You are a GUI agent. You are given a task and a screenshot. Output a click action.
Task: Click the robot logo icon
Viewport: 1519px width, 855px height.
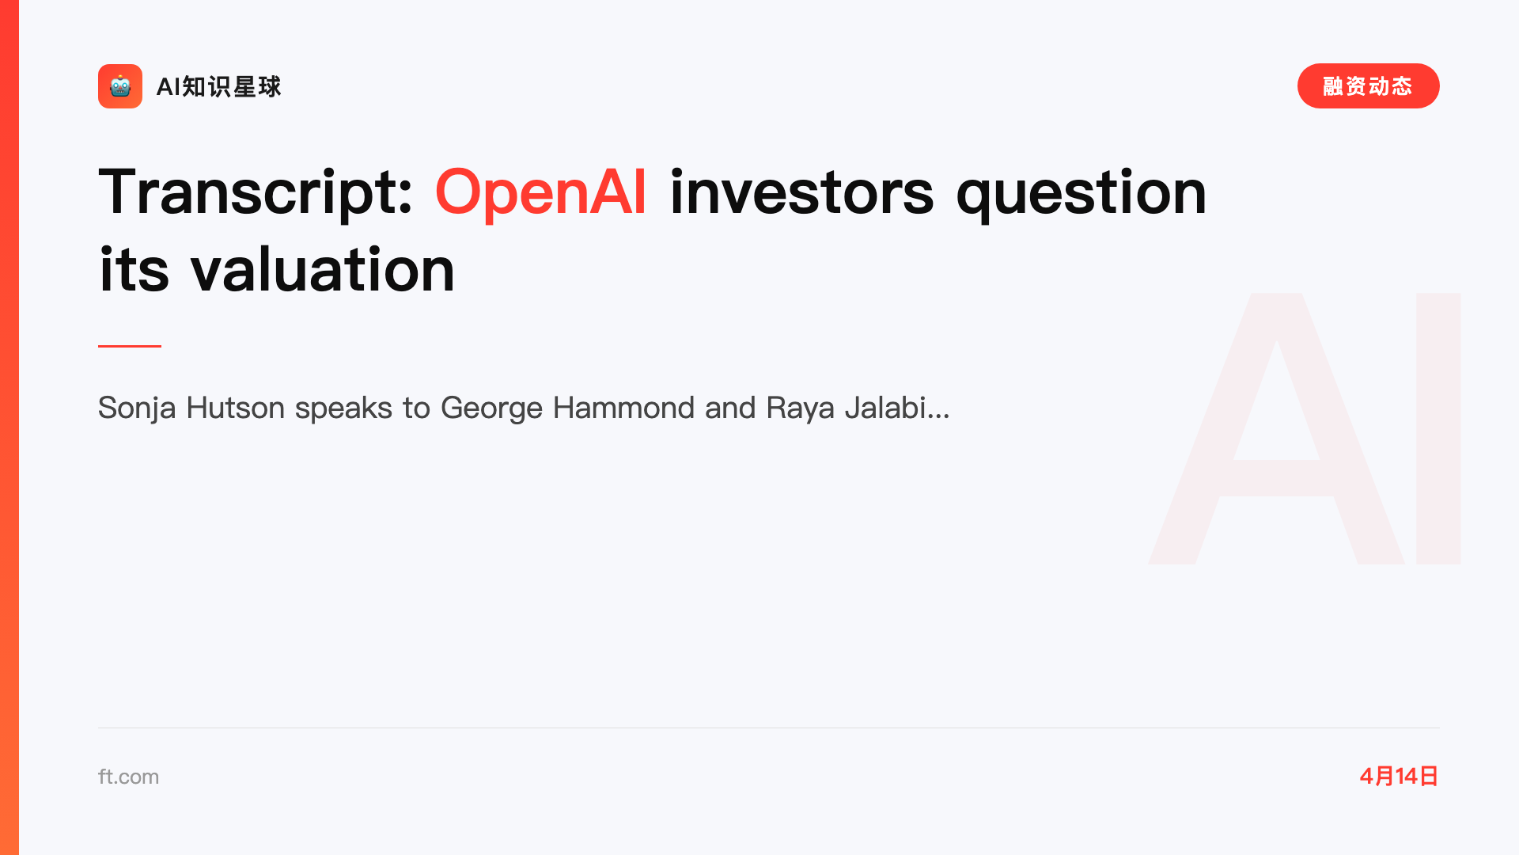[120, 86]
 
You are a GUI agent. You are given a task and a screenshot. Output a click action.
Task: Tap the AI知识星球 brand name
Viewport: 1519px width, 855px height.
[219, 86]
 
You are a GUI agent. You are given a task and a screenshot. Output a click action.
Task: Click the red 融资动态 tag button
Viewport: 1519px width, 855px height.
[1368, 86]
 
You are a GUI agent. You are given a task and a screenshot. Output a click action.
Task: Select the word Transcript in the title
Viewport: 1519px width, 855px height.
[256, 192]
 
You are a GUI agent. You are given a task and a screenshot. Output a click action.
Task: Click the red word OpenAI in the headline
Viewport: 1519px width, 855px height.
[541, 192]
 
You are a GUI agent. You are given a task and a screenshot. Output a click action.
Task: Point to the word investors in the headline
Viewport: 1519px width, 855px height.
[801, 192]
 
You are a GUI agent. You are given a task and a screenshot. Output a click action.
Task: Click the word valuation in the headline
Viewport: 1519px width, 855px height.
[323, 269]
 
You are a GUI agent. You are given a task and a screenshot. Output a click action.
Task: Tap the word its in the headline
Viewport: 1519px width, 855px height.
[134, 269]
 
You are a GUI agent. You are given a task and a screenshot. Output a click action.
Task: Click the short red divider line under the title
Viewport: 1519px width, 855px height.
[130, 346]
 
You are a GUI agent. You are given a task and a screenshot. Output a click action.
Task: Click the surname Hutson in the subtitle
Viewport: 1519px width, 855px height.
[236, 408]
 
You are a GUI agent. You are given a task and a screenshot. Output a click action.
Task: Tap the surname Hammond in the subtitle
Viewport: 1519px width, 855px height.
[623, 408]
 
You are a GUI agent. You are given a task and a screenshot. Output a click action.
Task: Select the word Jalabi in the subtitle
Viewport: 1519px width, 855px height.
[885, 408]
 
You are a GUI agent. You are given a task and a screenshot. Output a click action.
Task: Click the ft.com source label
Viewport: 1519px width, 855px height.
[128, 777]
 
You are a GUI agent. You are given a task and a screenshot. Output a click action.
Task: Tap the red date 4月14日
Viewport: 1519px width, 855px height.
[1399, 776]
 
